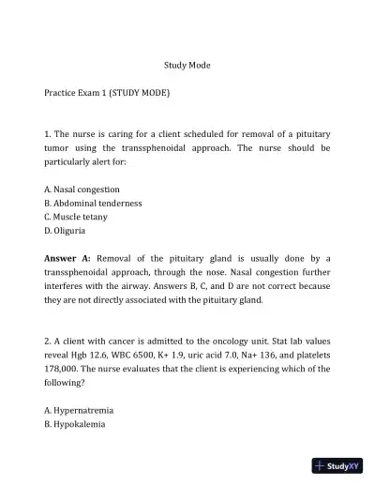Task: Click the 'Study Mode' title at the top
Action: click(x=187, y=66)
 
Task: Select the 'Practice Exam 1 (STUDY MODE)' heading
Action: click(x=107, y=95)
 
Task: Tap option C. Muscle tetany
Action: click(x=76, y=217)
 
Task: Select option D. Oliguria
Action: click(x=66, y=231)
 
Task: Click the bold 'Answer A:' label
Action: click(x=67, y=257)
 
